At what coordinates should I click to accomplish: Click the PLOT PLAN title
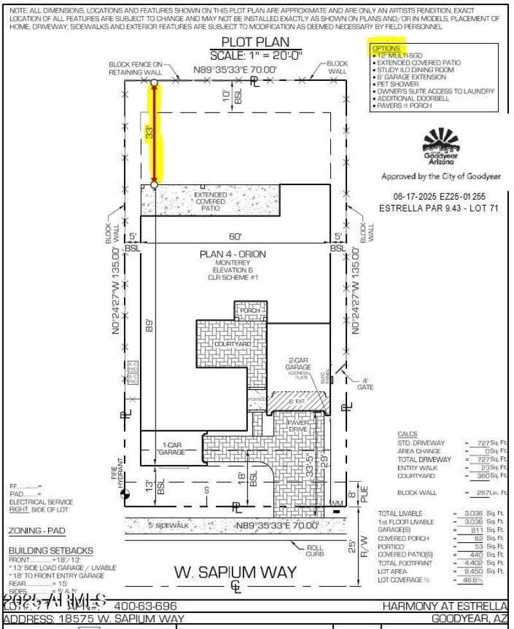pyautogui.click(x=256, y=42)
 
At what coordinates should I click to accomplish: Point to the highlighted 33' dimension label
pyautogui.click(x=148, y=134)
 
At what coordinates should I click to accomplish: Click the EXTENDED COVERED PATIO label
pyautogui.click(x=210, y=201)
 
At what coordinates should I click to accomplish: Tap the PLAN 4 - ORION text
pyautogui.click(x=232, y=254)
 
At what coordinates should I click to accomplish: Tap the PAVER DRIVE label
pyautogui.click(x=299, y=426)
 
